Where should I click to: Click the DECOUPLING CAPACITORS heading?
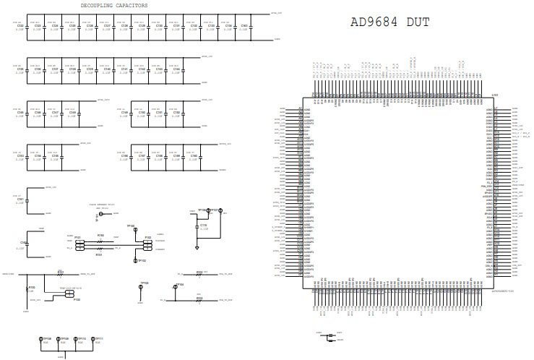[114, 5]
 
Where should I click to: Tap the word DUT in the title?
[418, 22]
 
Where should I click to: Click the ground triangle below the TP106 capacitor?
[197, 247]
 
